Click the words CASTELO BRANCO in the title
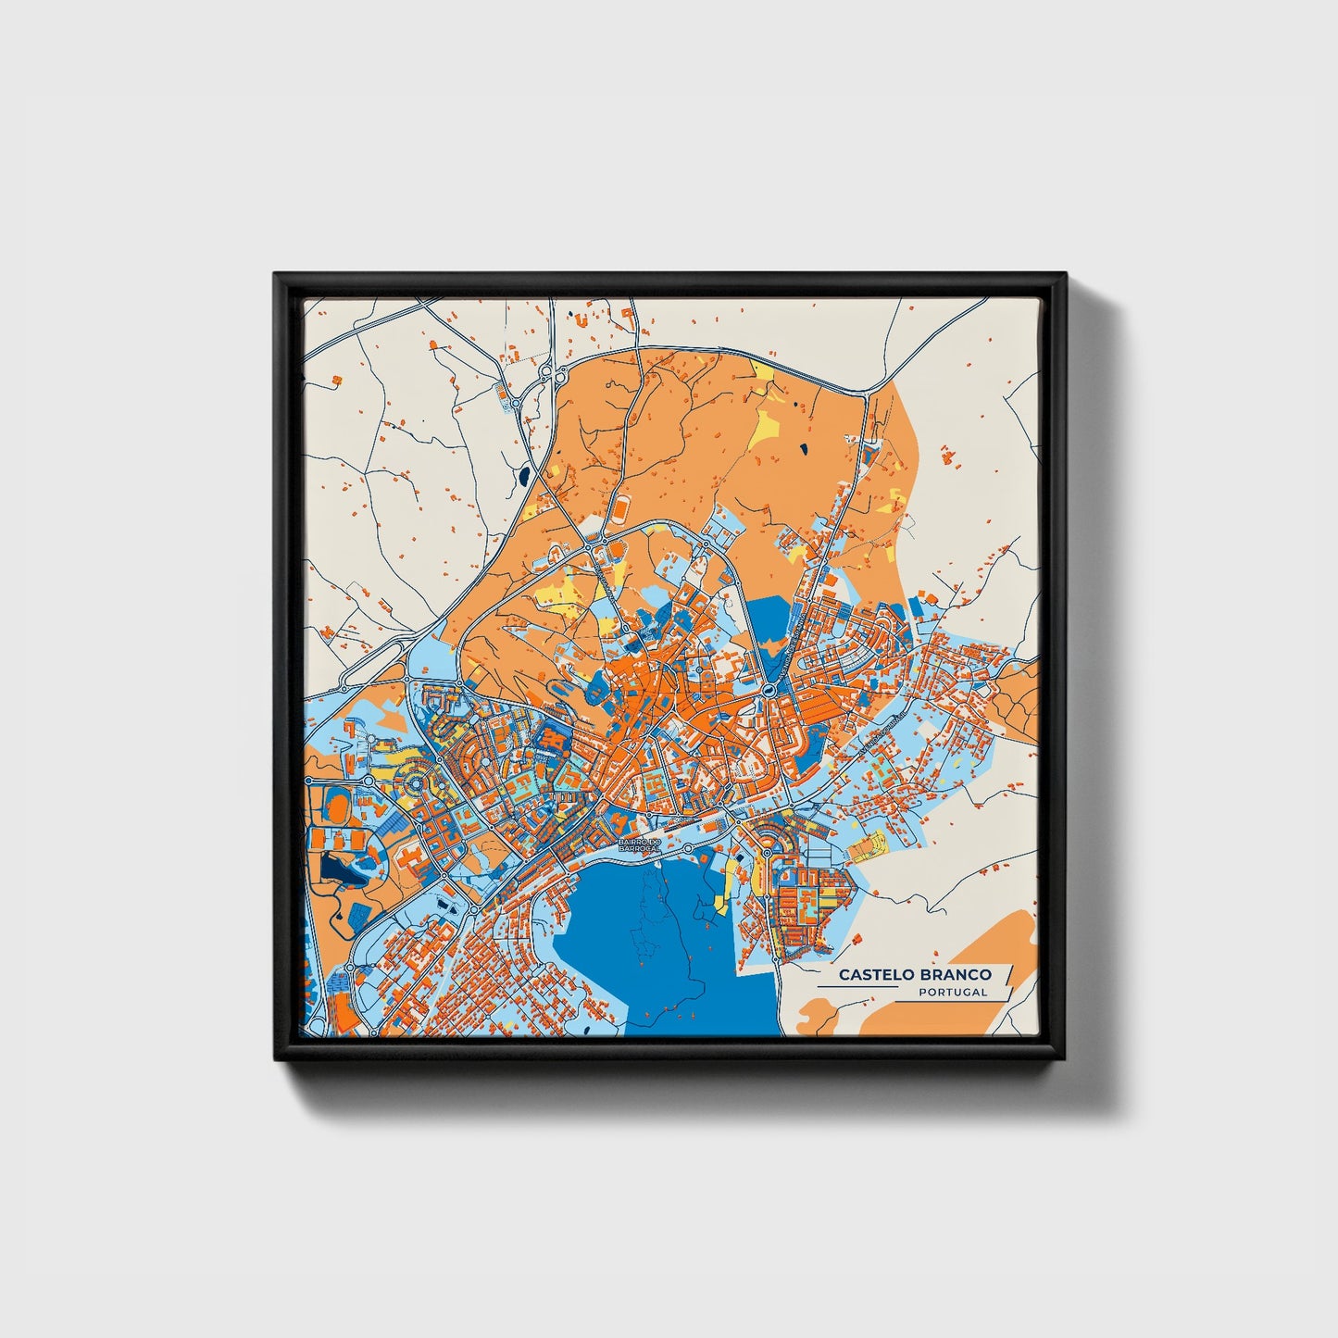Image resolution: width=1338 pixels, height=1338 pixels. tap(915, 974)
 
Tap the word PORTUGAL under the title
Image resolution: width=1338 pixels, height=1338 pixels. tap(953, 993)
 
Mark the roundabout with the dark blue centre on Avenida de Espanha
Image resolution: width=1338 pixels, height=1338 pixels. tap(769, 690)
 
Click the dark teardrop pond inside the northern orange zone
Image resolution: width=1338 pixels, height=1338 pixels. tap(802, 450)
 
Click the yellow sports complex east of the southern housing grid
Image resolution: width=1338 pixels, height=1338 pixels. tap(868, 844)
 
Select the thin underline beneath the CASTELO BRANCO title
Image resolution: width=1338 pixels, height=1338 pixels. tap(857, 988)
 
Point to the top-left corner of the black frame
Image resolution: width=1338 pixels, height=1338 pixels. tap(275, 274)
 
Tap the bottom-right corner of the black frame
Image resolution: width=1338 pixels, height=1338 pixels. tap(1065, 1060)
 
